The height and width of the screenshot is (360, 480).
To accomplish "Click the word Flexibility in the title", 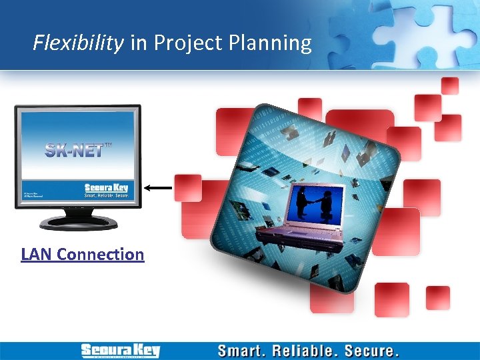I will click(78, 43).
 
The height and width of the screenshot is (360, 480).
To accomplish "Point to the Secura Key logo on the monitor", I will click(106, 188).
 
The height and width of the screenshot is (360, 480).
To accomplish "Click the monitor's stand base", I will click(78, 222).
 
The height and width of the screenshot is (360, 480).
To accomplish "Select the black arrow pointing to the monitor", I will click(159, 189).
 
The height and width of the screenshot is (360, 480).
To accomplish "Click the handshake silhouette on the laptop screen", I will click(315, 203).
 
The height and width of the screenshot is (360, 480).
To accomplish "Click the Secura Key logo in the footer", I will click(120, 351).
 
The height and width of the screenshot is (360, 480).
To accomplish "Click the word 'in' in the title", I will click(139, 43).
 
